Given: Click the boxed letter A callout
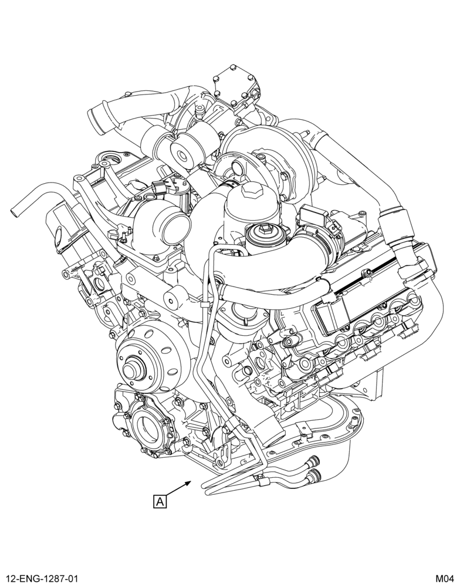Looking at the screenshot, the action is pos(160,501).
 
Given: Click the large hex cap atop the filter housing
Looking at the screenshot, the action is pos(251,193).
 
